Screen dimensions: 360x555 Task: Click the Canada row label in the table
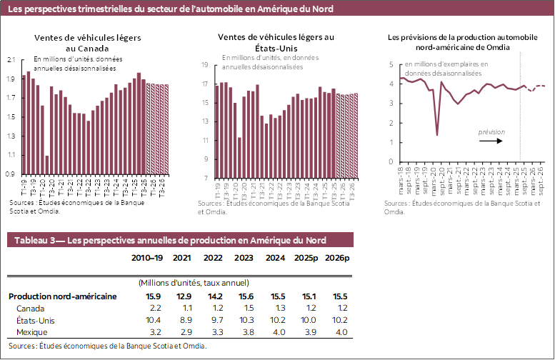(29, 308)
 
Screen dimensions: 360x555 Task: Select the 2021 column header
(183, 258)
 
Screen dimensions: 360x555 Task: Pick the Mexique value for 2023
(245, 332)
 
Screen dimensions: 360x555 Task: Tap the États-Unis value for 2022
(214, 320)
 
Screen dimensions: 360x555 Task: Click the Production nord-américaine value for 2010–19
(152, 296)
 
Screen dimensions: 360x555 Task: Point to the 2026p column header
(337, 258)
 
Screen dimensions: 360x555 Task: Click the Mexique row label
(31, 332)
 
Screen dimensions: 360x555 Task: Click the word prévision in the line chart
(491, 132)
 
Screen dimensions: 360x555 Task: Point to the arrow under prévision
(491, 141)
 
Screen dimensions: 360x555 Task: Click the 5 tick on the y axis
(391, 64)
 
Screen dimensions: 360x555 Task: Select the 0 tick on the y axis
(391, 162)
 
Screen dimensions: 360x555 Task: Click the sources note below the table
(107, 346)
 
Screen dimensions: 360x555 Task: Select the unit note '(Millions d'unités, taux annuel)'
(194, 284)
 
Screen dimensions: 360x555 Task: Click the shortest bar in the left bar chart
(47, 165)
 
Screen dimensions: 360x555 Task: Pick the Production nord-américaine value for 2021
(184, 296)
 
